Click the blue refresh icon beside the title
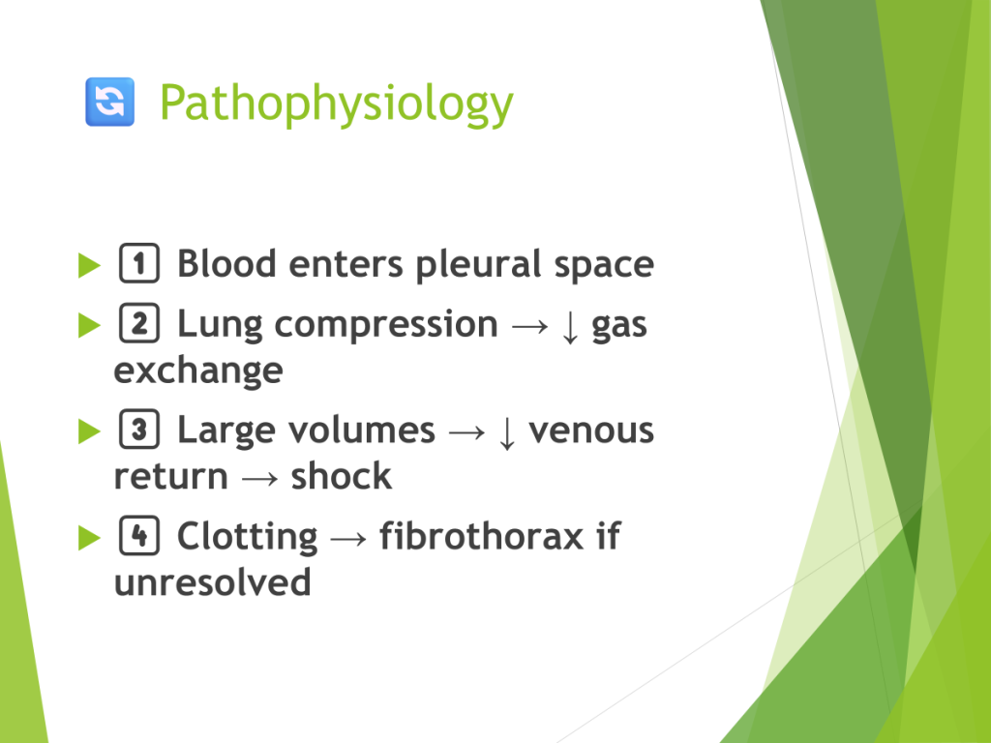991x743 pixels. coord(110,102)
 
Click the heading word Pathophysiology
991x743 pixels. coord(336,104)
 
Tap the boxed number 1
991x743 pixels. coord(139,262)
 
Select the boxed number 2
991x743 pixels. coord(139,323)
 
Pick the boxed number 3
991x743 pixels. coord(139,429)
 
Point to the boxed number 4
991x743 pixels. coord(139,535)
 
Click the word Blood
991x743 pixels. coord(226,263)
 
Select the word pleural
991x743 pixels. coord(478,265)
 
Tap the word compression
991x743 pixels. coord(386,326)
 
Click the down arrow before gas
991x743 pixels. coord(570,326)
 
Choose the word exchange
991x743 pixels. coord(198,371)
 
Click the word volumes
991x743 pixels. coord(362,431)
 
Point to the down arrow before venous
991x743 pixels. coord(507,432)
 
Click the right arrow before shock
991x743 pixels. coord(259,479)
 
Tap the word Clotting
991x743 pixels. coord(247,538)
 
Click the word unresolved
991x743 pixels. coord(212,581)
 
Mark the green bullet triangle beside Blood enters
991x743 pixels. coord(89,265)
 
